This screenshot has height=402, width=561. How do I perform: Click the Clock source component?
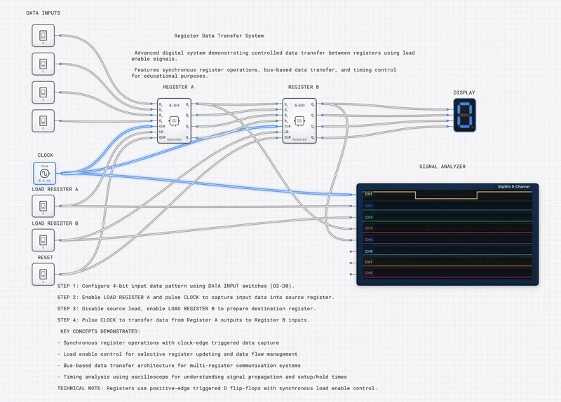pos(43,172)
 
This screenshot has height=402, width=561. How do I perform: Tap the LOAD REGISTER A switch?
pos(43,206)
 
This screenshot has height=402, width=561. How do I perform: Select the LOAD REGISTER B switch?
pos(43,240)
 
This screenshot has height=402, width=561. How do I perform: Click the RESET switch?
pos(43,274)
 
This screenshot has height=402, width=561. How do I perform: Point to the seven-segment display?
pos(464,115)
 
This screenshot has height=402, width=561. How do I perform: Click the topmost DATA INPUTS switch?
pos(43,36)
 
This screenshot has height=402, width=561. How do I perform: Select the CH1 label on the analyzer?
pos(368,193)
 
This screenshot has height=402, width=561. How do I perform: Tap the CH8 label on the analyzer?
pos(368,272)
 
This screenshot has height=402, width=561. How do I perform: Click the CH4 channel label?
pos(368,228)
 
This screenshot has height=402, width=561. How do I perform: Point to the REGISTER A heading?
pos(178,87)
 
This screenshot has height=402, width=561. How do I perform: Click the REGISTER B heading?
pos(304,87)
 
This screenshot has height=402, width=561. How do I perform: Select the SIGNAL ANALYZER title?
pos(442,167)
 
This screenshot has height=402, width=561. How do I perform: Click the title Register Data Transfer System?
pos(219,36)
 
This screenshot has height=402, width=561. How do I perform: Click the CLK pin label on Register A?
pos(161,127)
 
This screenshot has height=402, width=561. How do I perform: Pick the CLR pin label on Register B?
pos(288,138)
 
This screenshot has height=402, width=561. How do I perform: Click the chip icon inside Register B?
pos(299,120)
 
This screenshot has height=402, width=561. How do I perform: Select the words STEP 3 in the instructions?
pos(68,308)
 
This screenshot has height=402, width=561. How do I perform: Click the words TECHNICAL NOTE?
pos(79,387)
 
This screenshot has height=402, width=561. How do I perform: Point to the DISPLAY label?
pos(464,92)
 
